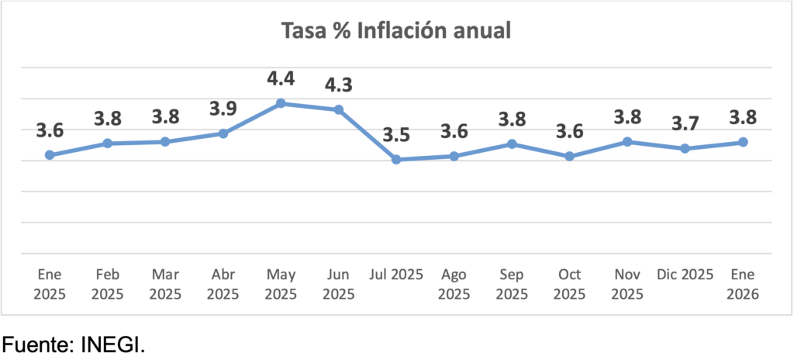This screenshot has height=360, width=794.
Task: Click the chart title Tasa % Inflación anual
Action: coord(395,32)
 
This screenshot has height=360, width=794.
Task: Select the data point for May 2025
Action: coord(281,103)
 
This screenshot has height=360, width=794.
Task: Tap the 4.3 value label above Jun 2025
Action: coord(339,84)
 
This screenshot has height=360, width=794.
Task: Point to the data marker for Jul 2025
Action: coord(396,160)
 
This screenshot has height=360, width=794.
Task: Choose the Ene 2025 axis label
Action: coord(50,284)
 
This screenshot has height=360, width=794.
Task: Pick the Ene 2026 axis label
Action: coord(743,284)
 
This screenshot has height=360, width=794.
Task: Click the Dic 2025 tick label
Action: coord(685,275)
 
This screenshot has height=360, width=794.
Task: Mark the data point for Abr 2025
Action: coord(223,133)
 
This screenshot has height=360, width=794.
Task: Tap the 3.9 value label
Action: coord(223,109)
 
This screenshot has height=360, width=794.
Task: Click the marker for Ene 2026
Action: coord(743,142)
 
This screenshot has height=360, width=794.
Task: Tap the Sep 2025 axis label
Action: coord(512,284)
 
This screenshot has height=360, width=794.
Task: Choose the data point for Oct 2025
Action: coord(570,157)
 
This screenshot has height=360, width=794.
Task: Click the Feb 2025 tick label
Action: coord(108,284)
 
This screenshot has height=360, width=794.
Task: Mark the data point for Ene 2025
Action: coord(50,155)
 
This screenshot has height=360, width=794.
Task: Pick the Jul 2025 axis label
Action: coord(396,275)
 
